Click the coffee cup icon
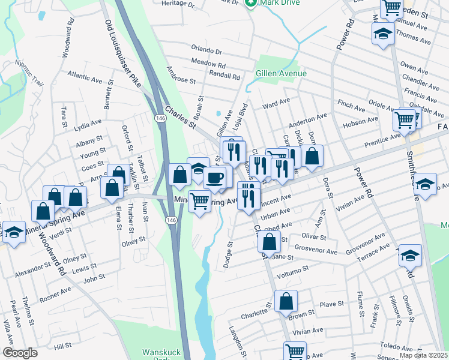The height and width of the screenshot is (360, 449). [x=215, y=178]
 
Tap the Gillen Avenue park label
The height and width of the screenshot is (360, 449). [x=281, y=74]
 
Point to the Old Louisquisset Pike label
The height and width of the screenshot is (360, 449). [x=122, y=53]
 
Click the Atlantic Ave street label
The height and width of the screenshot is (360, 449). [x=85, y=77]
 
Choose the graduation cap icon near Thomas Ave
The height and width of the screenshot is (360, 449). [x=381, y=34]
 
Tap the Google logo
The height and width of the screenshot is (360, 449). [x=20, y=353]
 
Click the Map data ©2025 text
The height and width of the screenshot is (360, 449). [x=423, y=355]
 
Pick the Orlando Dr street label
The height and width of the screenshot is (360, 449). [x=206, y=51]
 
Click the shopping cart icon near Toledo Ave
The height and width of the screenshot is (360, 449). [x=295, y=352]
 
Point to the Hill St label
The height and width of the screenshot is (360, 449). [x=62, y=347]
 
